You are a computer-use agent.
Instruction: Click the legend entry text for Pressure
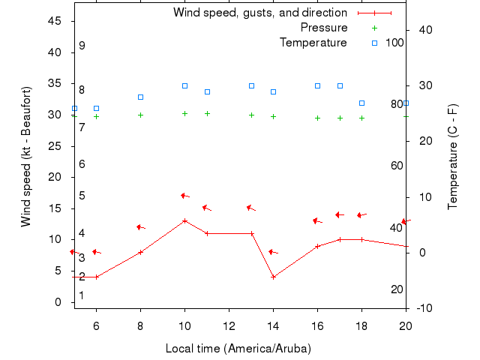click(x=323, y=28)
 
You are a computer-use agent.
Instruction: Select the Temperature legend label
click(x=313, y=43)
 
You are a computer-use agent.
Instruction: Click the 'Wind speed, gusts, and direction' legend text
click(x=259, y=13)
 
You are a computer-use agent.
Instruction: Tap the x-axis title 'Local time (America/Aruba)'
click(x=238, y=349)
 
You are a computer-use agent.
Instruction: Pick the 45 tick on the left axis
click(x=54, y=21)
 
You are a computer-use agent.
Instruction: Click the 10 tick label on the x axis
click(x=184, y=325)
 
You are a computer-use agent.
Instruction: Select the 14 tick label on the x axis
click(x=273, y=325)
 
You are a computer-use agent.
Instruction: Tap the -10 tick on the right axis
click(x=421, y=308)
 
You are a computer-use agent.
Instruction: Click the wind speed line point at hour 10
click(x=184, y=220)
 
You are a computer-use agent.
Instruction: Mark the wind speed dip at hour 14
click(x=273, y=277)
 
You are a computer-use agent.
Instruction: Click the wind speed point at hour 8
click(x=140, y=252)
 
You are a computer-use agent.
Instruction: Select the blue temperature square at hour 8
click(x=140, y=97)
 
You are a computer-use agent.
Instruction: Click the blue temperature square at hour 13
click(x=251, y=85)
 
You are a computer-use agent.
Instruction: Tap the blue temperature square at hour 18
click(x=361, y=103)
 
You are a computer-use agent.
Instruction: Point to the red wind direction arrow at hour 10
click(x=184, y=196)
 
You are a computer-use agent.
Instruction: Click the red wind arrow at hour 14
click(x=273, y=252)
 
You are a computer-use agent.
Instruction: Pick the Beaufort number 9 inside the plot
click(x=82, y=46)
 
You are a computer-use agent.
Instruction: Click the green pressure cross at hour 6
click(x=96, y=116)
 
